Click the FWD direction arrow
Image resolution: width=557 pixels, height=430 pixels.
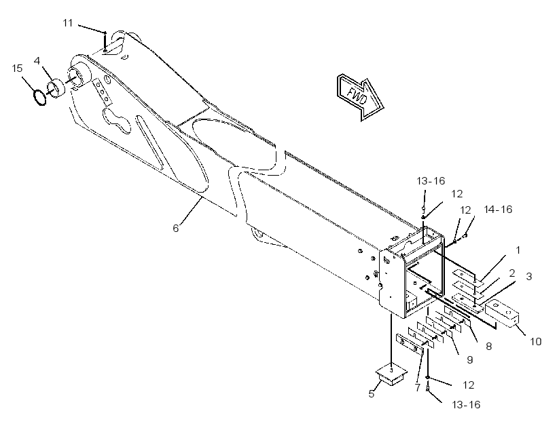359,96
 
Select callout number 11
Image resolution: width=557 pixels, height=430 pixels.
68,23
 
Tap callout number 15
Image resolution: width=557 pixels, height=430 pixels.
17,68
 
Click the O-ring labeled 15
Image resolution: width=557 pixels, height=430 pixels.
40,98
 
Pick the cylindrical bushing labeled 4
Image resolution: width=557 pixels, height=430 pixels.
56,89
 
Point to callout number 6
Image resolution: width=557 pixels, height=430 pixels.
176,228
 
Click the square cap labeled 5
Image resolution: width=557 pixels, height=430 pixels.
391,374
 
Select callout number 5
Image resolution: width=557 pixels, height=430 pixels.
371,394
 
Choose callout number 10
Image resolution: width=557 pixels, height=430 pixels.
536,342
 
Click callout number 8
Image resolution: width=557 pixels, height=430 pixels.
489,347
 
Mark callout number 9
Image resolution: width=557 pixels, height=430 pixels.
469,359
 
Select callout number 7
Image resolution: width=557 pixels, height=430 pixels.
418,387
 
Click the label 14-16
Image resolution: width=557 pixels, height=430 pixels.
498,210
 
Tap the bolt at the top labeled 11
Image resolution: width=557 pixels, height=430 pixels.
105,42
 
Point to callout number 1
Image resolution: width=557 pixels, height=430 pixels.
518,250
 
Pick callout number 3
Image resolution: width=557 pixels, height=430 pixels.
529,276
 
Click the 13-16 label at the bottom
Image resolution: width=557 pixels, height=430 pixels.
466,405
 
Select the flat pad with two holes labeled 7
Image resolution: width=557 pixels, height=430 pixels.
410,345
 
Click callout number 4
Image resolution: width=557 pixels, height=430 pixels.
37,60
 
